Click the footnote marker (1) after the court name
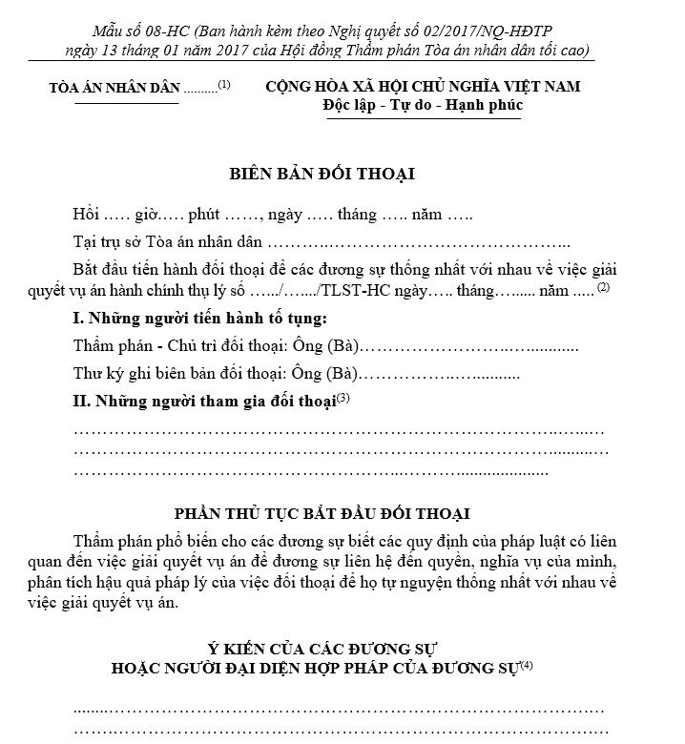coord(224,84)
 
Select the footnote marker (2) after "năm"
coord(603,287)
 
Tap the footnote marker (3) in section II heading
coord(344,398)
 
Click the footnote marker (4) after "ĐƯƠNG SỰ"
coord(528,665)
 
